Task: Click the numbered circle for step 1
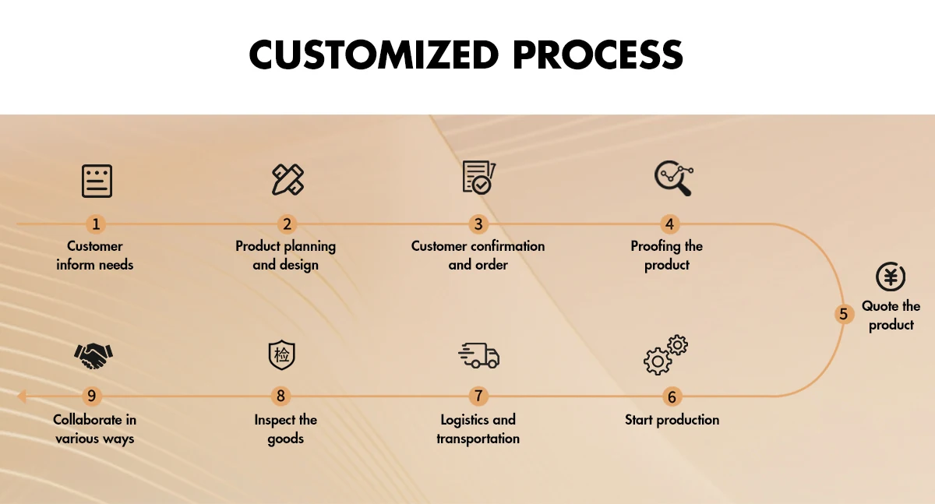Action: [96, 224]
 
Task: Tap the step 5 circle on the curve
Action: [843, 314]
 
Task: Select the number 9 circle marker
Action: [91, 396]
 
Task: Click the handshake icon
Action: [93, 356]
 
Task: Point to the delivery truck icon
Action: [478, 356]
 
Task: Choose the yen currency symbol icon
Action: [891, 277]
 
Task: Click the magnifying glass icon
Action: [674, 178]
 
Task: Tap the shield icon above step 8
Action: [282, 355]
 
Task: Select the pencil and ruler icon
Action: [288, 179]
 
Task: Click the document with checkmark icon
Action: [479, 178]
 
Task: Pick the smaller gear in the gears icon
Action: [677, 345]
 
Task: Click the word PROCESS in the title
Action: [598, 55]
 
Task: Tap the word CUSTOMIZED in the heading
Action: [374, 55]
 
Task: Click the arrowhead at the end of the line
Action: [21, 396]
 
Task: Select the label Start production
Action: [672, 420]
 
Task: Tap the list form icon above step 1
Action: [97, 181]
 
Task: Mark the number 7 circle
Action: [478, 396]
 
